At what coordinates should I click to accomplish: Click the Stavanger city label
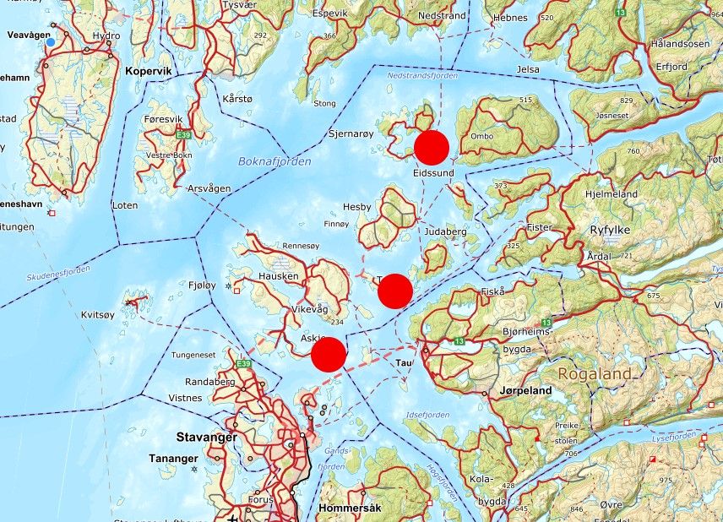(x=205, y=438)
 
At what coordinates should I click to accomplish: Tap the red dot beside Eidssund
(x=431, y=148)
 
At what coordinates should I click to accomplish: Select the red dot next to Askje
(x=329, y=354)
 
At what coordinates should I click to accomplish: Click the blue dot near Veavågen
(x=51, y=42)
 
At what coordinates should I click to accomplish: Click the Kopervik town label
(x=148, y=72)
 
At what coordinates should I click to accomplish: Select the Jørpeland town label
(x=525, y=391)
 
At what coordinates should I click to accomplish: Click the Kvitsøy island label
(x=97, y=314)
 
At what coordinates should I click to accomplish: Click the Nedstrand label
(x=443, y=16)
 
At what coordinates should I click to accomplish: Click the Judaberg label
(x=446, y=231)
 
